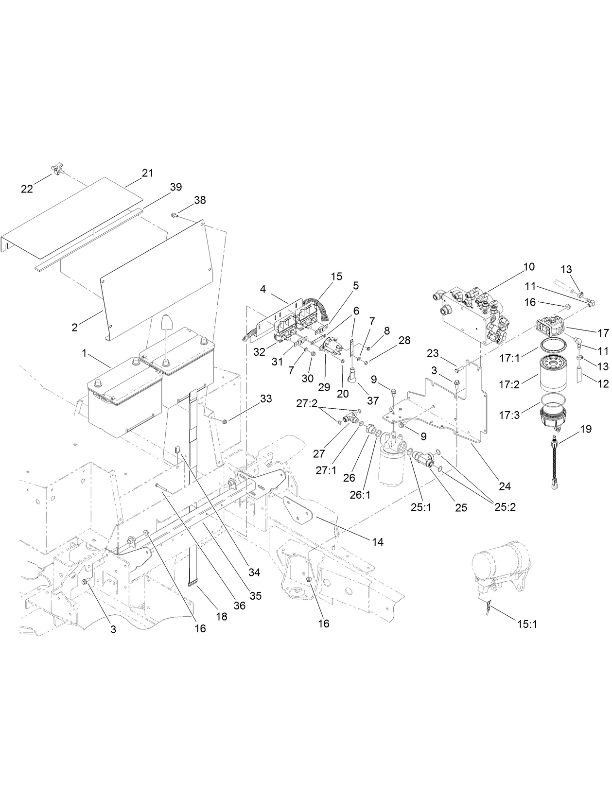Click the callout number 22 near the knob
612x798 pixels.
(27, 189)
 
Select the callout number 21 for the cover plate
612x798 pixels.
(147, 173)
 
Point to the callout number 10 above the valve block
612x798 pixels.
(529, 266)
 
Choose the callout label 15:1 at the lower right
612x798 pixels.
(527, 625)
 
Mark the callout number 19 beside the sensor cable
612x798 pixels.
(585, 429)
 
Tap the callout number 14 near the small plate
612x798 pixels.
(378, 541)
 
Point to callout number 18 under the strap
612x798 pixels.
(222, 616)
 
